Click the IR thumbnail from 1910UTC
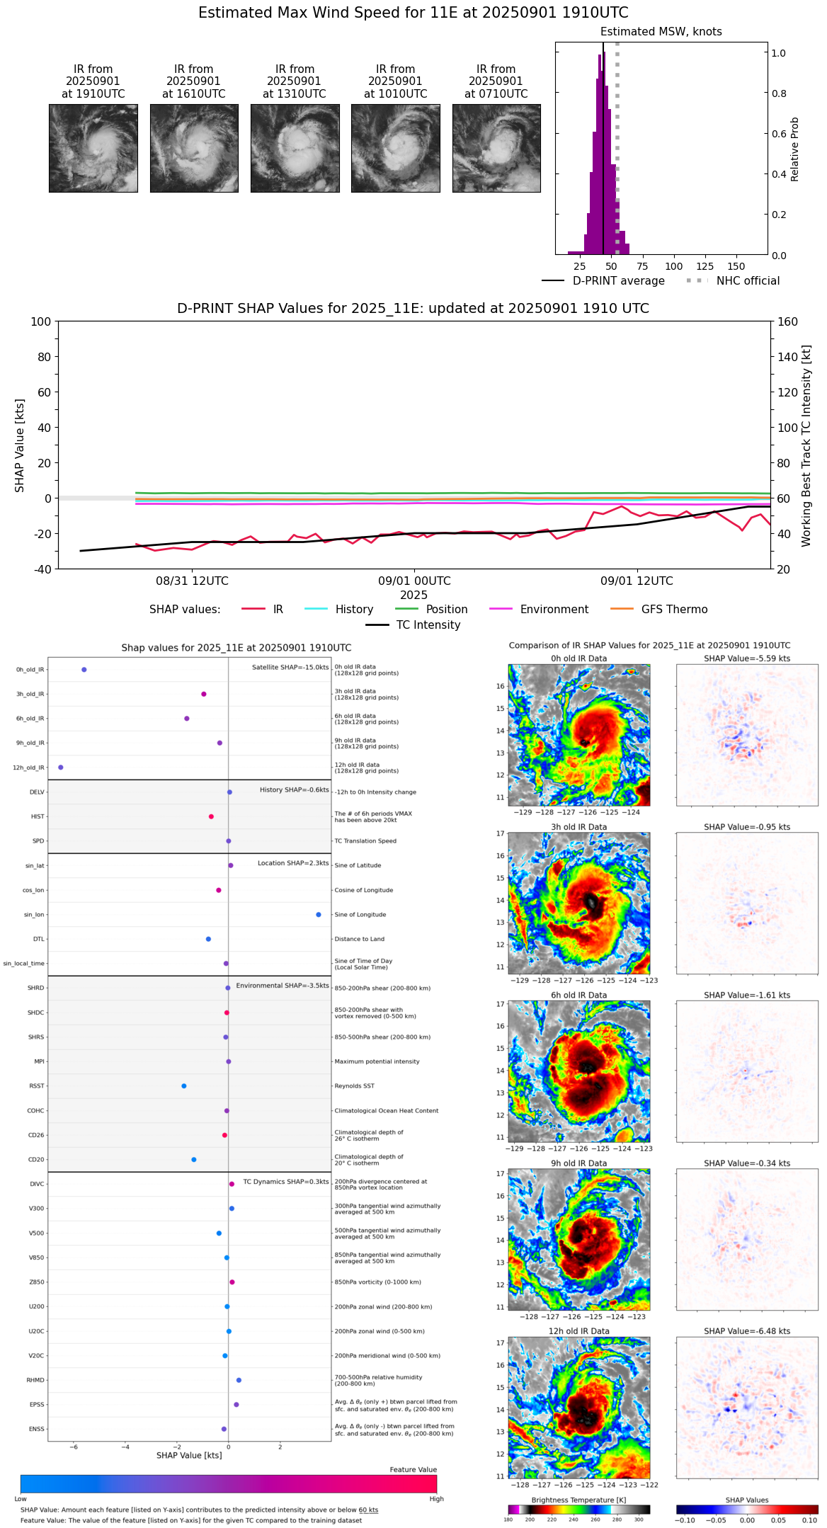[93, 148]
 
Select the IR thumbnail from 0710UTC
[496, 148]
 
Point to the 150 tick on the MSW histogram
[736, 267]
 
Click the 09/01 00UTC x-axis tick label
[414, 581]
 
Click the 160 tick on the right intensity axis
[787, 322]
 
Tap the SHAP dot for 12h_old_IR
[61, 768]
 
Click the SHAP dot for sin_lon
[319, 915]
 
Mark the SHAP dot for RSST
[184, 1086]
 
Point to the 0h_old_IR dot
[84, 670]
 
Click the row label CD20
[36, 1160]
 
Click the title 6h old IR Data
[578, 996]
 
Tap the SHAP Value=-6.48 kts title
[747, 1332]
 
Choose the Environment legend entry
[554, 610]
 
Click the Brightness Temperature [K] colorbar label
[578, 1500]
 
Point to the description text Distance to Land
[359, 940]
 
